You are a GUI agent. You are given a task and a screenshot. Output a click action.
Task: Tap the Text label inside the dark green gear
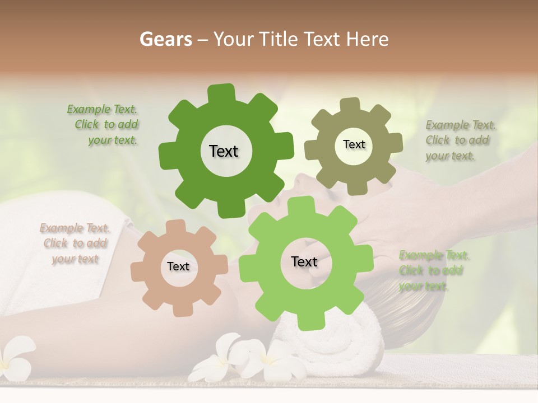224,151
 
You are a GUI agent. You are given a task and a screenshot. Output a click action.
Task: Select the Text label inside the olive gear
354,144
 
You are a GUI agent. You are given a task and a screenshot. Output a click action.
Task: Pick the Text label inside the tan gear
178,267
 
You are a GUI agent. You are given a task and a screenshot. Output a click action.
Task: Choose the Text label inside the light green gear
304,262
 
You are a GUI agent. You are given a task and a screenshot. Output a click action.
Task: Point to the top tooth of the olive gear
350,105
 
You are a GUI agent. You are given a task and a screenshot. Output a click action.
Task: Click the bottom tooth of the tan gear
183,310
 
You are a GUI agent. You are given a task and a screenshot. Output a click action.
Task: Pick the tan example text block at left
75,243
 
